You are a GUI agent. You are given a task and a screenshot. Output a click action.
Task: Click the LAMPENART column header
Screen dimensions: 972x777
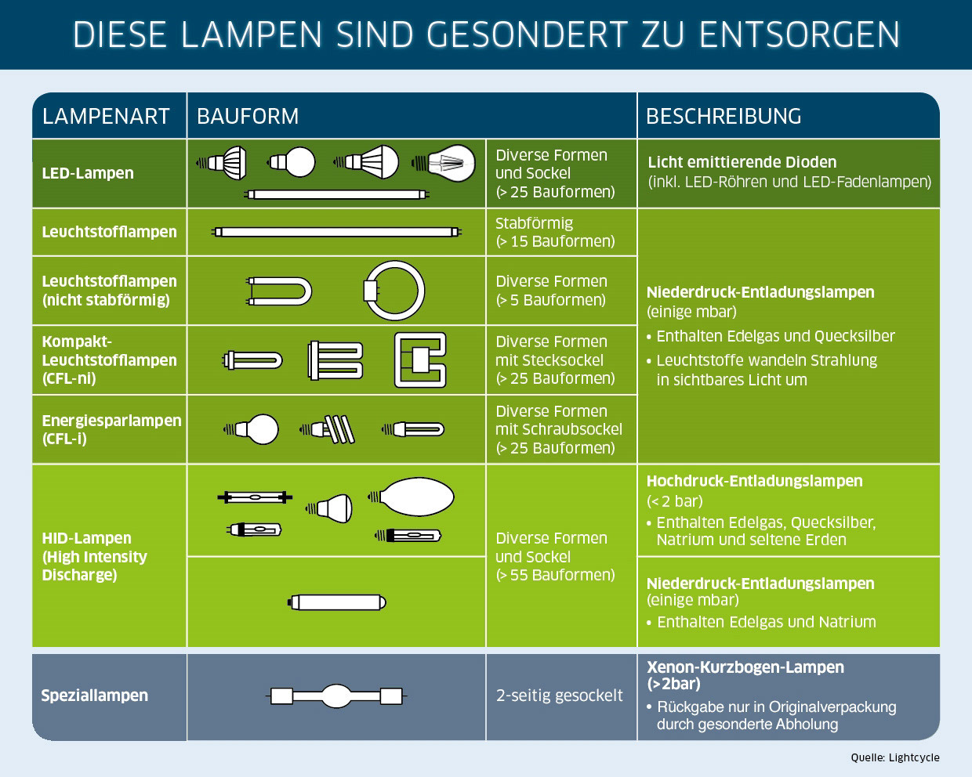(106, 116)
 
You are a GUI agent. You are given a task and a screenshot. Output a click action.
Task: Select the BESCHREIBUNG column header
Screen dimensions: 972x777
(724, 116)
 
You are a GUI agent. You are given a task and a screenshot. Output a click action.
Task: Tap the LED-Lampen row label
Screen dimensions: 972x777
(88, 173)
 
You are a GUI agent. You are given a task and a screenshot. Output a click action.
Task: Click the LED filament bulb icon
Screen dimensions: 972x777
(444, 163)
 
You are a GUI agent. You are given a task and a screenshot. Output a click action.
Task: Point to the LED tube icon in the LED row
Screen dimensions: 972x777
(336, 194)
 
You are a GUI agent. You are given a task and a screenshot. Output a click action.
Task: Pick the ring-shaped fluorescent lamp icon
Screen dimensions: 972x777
(394, 291)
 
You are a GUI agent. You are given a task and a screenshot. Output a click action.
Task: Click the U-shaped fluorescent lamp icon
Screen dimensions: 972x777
(279, 291)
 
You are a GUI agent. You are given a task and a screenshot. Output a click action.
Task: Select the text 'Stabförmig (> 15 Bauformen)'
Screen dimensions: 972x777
(555, 232)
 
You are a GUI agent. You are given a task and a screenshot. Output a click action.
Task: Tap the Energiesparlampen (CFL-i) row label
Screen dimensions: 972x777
(111, 429)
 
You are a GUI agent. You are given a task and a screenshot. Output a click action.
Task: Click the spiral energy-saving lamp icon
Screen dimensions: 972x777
(327, 429)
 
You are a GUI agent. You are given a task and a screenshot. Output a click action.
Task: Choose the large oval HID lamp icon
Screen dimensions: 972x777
(411, 497)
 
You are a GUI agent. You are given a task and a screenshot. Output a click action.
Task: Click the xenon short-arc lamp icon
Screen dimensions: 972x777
(336, 696)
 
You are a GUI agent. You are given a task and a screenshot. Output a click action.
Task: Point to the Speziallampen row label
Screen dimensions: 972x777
(95, 696)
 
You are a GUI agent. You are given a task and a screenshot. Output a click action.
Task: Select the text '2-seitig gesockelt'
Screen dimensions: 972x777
(559, 696)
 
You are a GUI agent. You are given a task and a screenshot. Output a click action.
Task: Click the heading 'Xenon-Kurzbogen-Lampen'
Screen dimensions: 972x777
(745, 667)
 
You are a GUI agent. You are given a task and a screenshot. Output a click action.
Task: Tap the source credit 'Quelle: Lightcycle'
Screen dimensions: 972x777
(895, 757)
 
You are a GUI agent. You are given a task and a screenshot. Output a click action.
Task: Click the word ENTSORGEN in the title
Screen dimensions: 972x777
(800, 34)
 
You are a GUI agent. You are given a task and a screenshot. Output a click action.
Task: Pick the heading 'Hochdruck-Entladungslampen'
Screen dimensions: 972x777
(754, 481)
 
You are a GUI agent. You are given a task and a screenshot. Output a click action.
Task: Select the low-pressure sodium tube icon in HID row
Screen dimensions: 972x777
(337, 602)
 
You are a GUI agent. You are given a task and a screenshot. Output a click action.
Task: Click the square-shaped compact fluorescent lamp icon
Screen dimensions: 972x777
(420, 360)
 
